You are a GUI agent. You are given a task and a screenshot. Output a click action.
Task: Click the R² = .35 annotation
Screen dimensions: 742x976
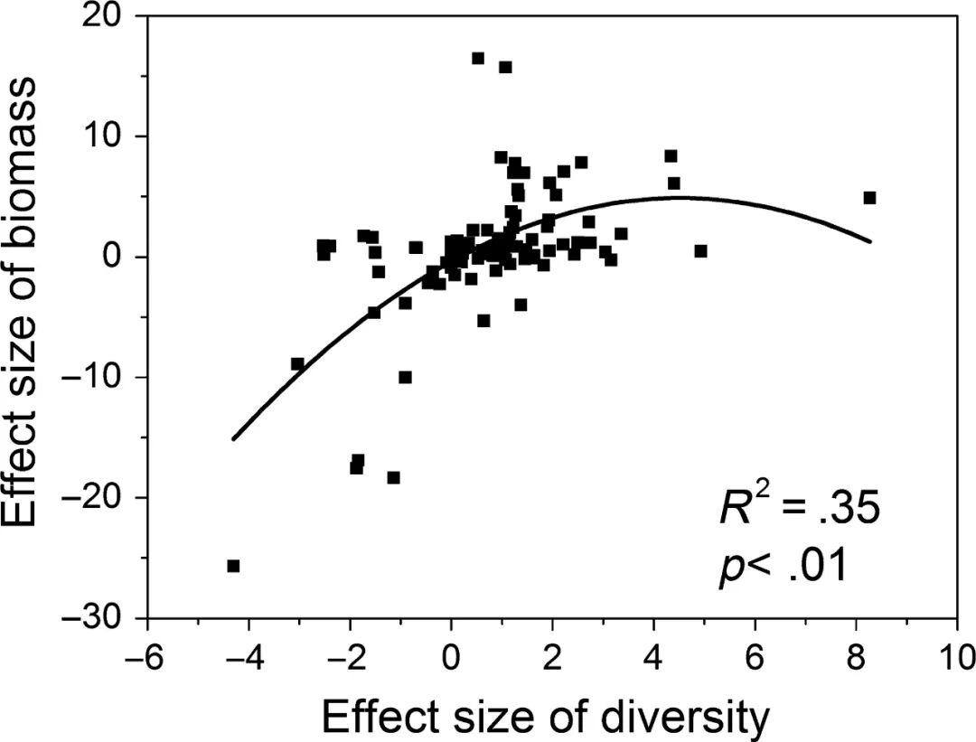tap(799, 510)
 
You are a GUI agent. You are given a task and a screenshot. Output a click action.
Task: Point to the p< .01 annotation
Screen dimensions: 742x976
tap(783, 568)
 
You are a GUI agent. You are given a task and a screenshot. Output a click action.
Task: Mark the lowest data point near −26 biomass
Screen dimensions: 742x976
tap(233, 566)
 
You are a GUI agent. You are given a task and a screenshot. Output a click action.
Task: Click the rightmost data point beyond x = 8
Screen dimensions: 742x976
tap(869, 198)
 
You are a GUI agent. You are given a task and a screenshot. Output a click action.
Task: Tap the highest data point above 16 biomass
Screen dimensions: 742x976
tap(478, 59)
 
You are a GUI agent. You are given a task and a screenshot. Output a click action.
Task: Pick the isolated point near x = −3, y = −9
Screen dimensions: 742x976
tap(297, 364)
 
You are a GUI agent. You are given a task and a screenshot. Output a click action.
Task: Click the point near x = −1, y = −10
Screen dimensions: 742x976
tap(405, 377)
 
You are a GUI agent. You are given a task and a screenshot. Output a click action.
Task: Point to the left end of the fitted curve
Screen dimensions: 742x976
tap(233, 439)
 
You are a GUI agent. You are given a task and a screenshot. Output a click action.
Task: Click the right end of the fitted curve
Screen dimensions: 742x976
tap(869, 241)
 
